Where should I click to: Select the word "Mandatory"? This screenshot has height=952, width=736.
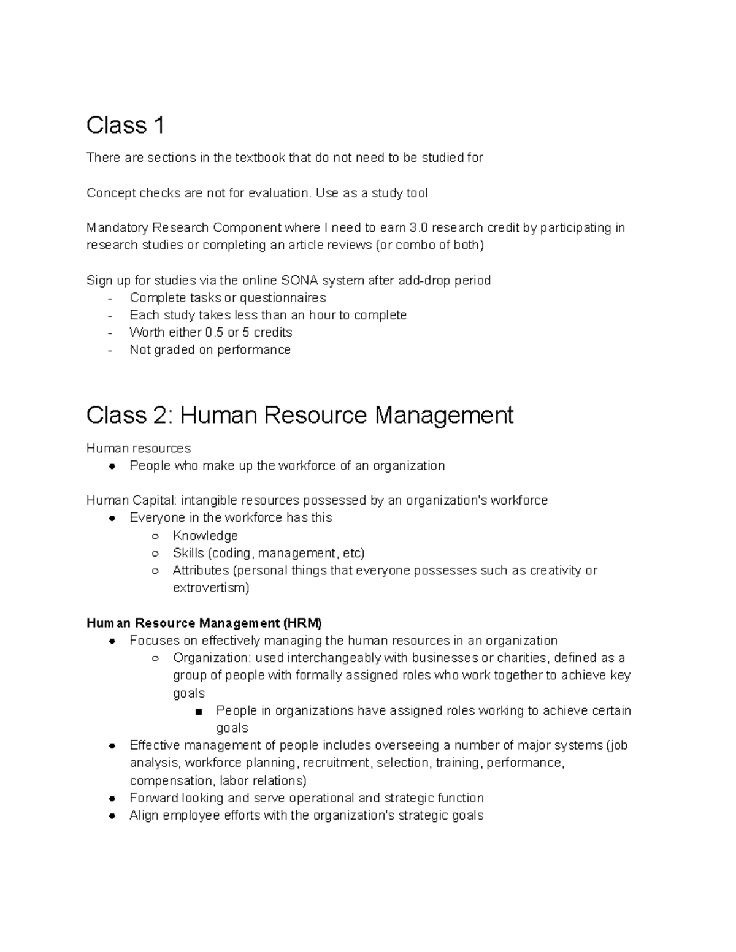[117, 227]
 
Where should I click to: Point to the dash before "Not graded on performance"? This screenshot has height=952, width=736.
[110, 350]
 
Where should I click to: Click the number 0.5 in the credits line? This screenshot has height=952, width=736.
[213, 332]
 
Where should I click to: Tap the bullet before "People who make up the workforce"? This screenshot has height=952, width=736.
[112, 466]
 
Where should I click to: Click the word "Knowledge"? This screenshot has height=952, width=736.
[205, 535]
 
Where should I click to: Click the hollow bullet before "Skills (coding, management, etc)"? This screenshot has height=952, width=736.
[155, 554]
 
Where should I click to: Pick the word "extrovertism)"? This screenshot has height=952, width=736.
[211, 588]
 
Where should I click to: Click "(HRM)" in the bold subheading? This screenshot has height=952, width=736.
[302, 623]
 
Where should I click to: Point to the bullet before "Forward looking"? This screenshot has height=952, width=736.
[112, 798]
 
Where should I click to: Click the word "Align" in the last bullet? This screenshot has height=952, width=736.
[144, 815]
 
